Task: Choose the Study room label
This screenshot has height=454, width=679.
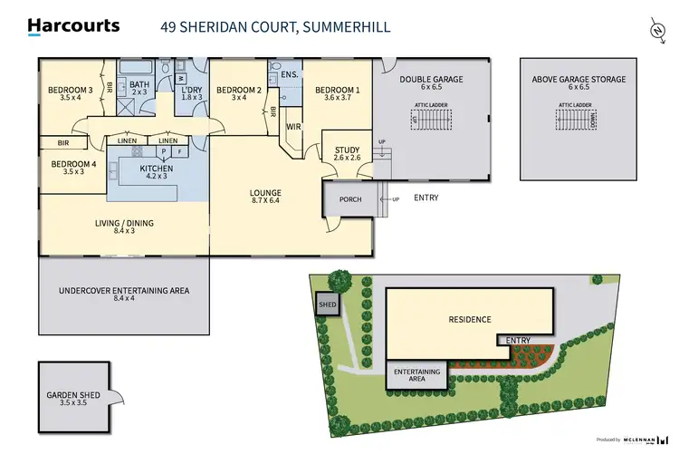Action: pyautogui.click(x=348, y=155)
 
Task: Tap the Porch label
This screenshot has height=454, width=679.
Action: pyautogui.click(x=350, y=199)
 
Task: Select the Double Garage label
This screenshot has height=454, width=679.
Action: pyautogui.click(x=431, y=84)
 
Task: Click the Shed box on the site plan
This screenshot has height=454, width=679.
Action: pyautogui.click(x=327, y=305)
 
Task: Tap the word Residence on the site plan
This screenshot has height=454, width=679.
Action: pyautogui.click(x=469, y=319)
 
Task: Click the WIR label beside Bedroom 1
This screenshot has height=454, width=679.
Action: pyautogui.click(x=293, y=128)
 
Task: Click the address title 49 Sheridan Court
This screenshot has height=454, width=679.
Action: pyautogui.click(x=275, y=27)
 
